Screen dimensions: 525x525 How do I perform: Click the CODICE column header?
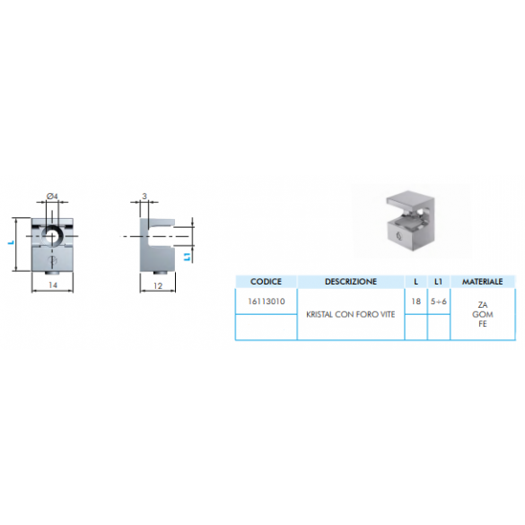(x=266, y=282)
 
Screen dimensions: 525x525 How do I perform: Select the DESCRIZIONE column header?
(x=351, y=282)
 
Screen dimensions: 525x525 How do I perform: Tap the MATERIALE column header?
(x=483, y=282)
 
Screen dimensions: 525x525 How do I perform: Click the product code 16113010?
(x=267, y=302)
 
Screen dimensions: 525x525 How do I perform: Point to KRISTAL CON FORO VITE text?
(x=351, y=314)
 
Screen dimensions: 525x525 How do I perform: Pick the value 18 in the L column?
(x=416, y=302)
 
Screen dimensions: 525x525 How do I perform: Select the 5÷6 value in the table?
(x=439, y=302)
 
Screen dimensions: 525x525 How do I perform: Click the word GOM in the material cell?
(x=483, y=314)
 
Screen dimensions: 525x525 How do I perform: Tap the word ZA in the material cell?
(x=483, y=305)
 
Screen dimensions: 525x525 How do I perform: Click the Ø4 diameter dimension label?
(x=52, y=196)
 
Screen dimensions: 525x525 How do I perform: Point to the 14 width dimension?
(x=53, y=284)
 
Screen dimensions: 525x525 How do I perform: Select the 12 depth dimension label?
(x=158, y=285)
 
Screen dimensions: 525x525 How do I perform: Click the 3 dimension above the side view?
(x=144, y=196)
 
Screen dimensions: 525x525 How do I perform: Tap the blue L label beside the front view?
(x=11, y=242)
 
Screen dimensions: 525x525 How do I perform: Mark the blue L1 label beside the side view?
(x=188, y=257)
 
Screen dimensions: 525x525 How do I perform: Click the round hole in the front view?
(x=51, y=236)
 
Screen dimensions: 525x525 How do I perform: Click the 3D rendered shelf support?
(x=410, y=221)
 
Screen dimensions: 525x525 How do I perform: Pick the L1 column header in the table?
(x=438, y=282)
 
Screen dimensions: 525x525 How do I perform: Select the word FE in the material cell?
(x=483, y=324)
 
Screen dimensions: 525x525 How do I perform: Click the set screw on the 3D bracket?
(x=398, y=236)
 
